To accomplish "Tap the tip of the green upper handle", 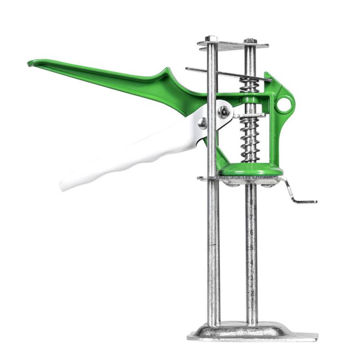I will pos(32,63).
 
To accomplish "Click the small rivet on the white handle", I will pos(203,123).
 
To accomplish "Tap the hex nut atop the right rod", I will pos(251,40).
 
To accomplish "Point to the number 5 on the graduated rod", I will pos(252,246).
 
